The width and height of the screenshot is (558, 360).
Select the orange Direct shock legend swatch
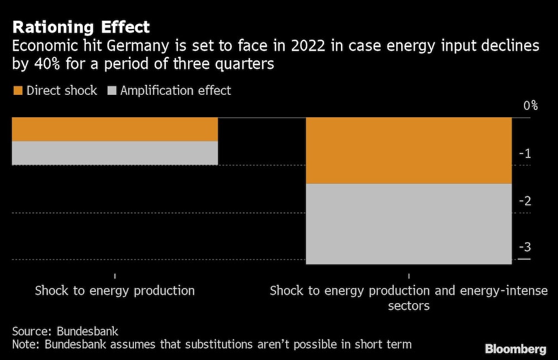click(18, 90)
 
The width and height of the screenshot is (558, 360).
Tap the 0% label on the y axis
click(530, 105)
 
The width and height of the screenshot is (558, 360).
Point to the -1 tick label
click(526, 153)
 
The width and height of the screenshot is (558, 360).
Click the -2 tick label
click(526, 201)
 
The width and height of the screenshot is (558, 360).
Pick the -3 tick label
click(526, 248)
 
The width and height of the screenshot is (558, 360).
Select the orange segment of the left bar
click(114, 129)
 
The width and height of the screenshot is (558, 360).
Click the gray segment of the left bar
click(114, 153)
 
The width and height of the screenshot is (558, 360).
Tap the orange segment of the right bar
click(408, 150)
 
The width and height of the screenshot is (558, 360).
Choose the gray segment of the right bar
click(408, 223)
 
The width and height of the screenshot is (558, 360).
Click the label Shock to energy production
click(114, 291)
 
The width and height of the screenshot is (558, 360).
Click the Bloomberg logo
click(516, 349)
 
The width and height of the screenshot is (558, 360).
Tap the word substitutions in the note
click(208, 344)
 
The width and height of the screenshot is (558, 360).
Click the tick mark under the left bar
click(114, 276)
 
